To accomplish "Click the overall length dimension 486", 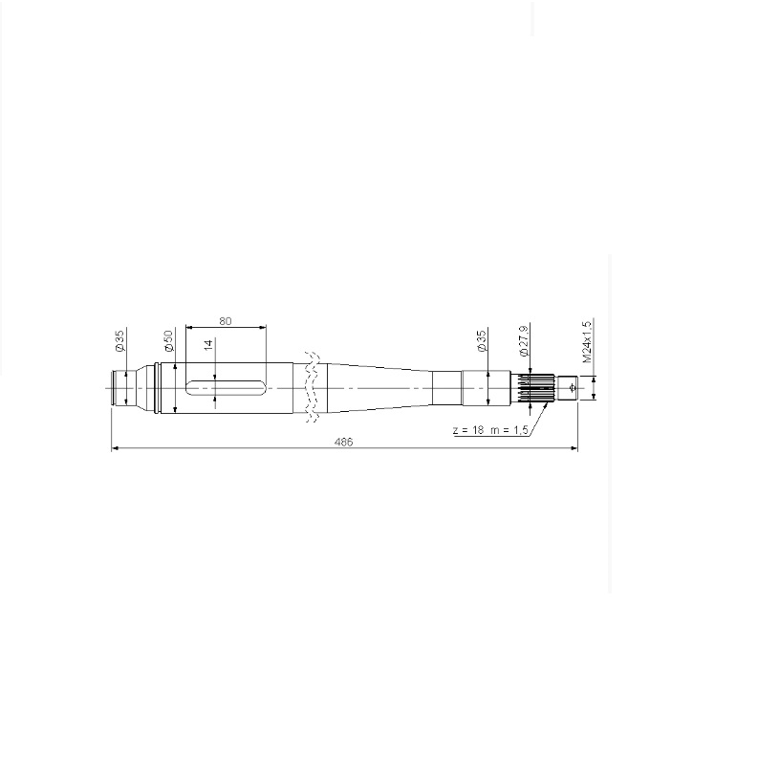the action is (344, 442).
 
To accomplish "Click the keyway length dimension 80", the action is (226, 321).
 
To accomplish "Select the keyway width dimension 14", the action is (208, 345).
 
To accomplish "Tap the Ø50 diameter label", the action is (168, 341).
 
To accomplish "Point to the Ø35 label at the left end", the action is (119, 340).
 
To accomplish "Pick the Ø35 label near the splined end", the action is (482, 341).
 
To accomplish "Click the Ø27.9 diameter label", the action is (524, 341).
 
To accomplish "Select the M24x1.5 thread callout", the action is (587, 341).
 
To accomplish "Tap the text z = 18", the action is (468, 430).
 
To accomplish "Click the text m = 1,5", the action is (509, 430).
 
